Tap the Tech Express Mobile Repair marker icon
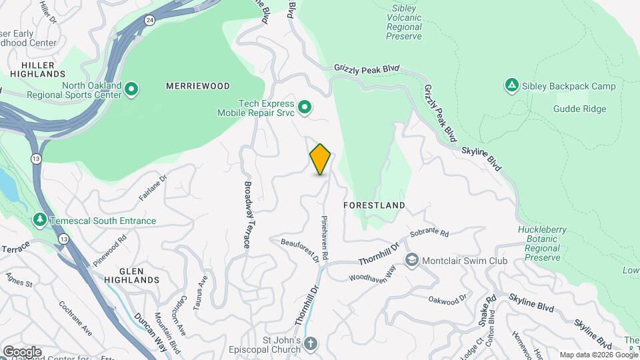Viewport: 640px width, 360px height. click(305, 107)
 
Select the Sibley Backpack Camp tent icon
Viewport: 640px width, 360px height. click(511, 85)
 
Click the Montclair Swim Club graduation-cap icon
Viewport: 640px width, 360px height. click(412, 260)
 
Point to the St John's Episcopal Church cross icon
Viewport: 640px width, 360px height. click(309, 344)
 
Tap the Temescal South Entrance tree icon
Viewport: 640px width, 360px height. click(40, 220)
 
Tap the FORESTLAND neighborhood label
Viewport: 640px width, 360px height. click(374, 205)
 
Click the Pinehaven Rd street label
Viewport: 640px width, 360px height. click(325, 237)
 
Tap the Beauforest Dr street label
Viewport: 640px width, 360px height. click(299, 250)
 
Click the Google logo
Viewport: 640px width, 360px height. click(21, 351)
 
